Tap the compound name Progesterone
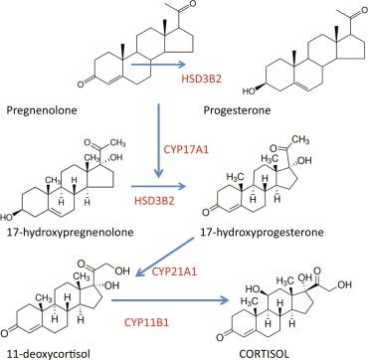237,110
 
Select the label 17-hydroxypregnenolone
70,233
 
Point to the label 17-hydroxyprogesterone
263,233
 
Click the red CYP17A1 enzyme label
187,148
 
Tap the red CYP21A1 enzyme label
175,272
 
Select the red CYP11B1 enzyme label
146,322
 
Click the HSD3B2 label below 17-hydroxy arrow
154,201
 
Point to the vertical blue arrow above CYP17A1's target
159,141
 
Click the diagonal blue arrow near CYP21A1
165,257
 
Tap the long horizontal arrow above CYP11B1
170,301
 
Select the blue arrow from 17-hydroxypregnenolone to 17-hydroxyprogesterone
158,187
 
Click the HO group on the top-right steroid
249,90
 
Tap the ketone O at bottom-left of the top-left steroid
81,85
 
